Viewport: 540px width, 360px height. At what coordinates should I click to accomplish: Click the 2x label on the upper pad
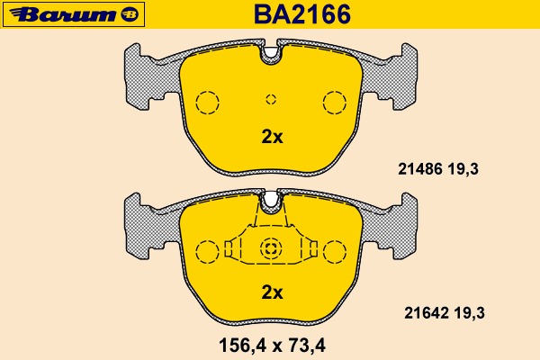point(272,138)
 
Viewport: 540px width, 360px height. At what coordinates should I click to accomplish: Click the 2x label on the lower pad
point(272,292)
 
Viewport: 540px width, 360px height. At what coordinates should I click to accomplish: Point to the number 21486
point(418,167)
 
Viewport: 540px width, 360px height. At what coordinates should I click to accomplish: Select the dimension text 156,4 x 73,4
point(271,343)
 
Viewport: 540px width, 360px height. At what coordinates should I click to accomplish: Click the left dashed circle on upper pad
point(207,103)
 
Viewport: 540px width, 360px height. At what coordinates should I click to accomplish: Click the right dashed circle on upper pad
point(335,103)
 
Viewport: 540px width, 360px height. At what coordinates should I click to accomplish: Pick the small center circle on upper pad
point(271,100)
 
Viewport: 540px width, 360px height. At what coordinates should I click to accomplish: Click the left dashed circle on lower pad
point(207,251)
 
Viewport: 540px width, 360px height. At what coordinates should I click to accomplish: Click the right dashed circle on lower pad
point(335,251)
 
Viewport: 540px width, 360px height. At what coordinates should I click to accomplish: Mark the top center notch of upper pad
point(271,56)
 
